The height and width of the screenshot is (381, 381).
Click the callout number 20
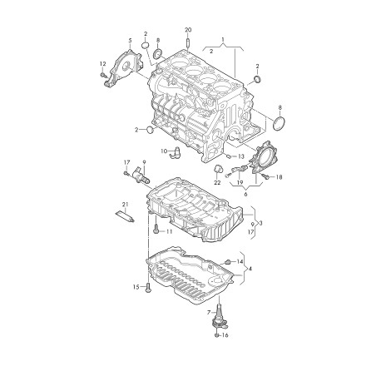pyautogui.click(x=187, y=29)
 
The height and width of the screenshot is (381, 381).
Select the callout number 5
pyautogui.click(x=129, y=40)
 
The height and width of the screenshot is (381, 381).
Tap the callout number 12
pyautogui.click(x=102, y=64)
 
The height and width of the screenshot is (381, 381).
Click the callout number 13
pyautogui.click(x=241, y=156)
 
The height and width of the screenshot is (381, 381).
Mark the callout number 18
pyautogui.click(x=279, y=177)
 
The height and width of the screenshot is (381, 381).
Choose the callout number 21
pyautogui.click(x=125, y=205)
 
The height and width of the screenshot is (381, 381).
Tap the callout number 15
pyautogui.click(x=136, y=287)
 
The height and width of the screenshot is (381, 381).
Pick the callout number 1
pyautogui.click(x=222, y=39)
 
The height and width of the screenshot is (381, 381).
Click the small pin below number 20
pyautogui.click(x=187, y=42)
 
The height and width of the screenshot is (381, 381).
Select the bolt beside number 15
pyautogui.click(x=147, y=288)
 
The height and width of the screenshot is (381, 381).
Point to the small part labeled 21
pyautogui.click(x=126, y=218)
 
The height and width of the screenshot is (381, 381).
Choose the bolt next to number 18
pyautogui.click(x=265, y=176)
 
